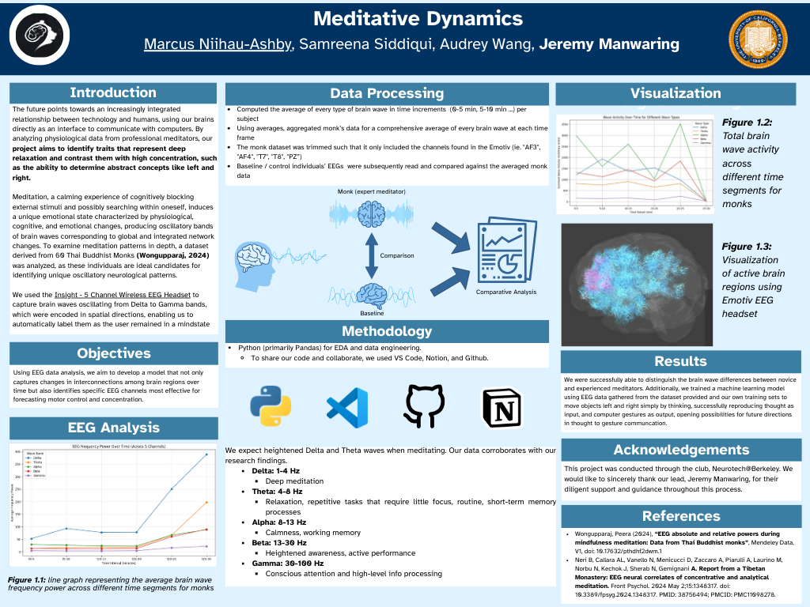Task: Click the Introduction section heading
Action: [x=112, y=93]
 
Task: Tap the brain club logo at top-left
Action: [x=40, y=37]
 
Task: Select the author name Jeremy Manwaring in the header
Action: [x=609, y=44]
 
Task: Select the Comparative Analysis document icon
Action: [x=505, y=253]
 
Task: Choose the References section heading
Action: [x=681, y=516]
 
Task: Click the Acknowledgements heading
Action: [x=681, y=450]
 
